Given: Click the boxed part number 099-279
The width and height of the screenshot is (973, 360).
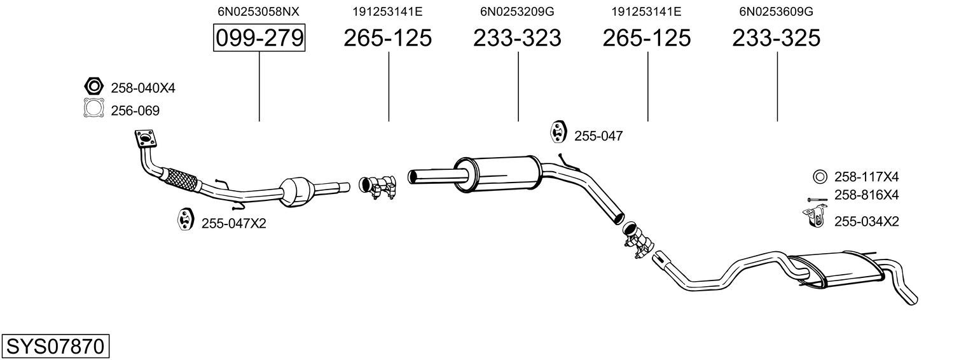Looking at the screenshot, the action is point(259,38).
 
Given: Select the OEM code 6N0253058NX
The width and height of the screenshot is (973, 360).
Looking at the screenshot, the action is point(258,11).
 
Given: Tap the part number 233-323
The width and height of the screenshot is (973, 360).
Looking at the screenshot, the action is point(517,38).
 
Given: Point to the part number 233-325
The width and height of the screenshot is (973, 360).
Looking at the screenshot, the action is point(776,38).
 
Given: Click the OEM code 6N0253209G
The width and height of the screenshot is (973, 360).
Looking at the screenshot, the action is point(517,11).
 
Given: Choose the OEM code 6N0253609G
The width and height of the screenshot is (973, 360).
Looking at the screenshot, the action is point(776,11).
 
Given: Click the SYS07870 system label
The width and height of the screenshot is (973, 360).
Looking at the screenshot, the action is point(55,347).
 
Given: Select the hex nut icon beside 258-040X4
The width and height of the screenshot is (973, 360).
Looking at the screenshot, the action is point(93,86).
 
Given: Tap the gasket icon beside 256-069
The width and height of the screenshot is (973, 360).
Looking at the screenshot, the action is point(94,107).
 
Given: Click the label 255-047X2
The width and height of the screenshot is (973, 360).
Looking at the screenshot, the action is point(233,224).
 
